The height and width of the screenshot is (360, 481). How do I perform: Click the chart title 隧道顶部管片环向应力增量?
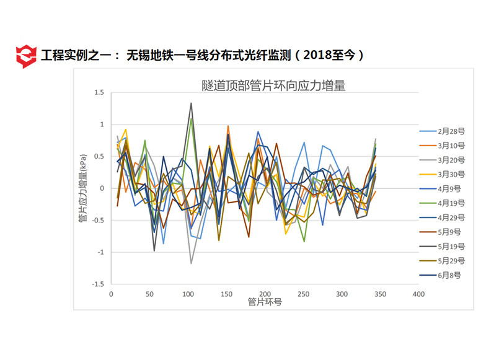point(273,86)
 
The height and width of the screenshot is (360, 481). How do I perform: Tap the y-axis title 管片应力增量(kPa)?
point(83,188)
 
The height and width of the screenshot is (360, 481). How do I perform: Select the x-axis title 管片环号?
point(265,302)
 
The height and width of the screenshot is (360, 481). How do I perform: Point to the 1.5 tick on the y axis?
point(99,92)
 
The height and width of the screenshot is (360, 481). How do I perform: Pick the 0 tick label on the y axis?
point(102,188)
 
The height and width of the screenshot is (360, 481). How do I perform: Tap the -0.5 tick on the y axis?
point(97,220)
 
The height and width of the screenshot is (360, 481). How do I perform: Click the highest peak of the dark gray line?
point(191,103)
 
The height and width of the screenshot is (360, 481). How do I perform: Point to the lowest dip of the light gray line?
point(191,263)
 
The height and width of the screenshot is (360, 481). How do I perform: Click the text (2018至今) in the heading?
point(329,56)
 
